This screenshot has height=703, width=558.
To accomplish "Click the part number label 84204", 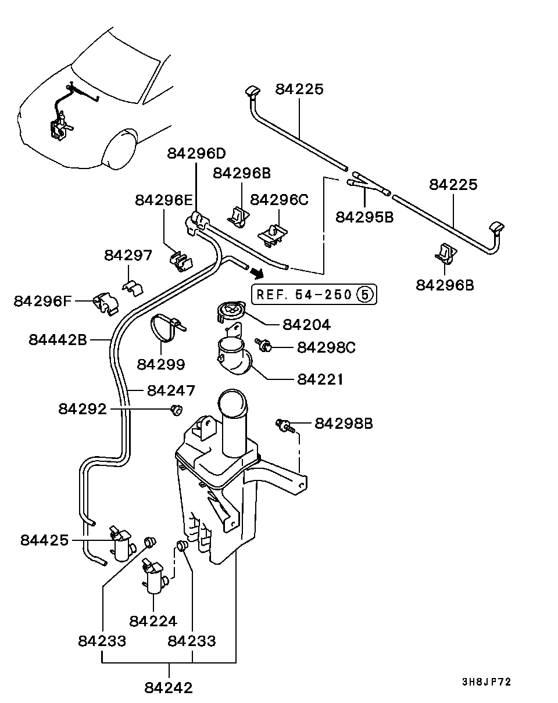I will [306, 324].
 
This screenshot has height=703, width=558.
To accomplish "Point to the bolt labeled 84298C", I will [265, 346].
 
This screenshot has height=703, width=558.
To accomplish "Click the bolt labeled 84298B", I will [285, 426].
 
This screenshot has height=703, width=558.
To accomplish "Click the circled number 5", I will [364, 294].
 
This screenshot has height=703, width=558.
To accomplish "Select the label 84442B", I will [58, 339].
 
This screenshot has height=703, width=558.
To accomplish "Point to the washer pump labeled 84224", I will [155, 578].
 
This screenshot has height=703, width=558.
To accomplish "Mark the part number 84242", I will [169, 687].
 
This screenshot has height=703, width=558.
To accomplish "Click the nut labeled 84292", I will [174, 410].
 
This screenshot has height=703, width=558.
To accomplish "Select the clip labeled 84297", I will [133, 286].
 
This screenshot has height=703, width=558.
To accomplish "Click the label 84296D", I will [196, 153].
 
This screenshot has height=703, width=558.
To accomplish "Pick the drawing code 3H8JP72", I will [487, 682].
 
